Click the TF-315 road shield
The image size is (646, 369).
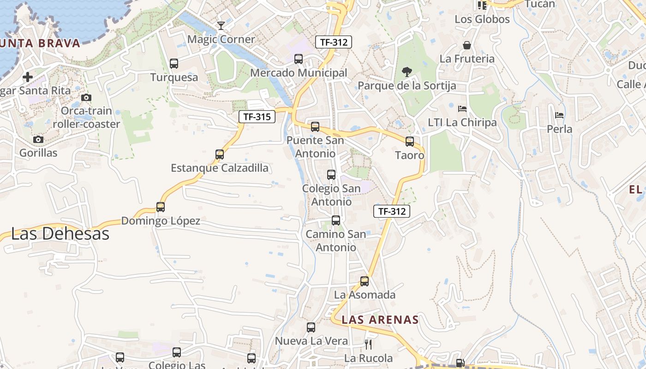click(x=257, y=117)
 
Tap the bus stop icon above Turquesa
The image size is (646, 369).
click(x=174, y=64)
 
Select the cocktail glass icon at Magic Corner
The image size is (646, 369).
click(x=221, y=25)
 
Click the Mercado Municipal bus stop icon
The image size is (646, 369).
click(x=299, y=59)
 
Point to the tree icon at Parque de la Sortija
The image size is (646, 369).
click(x=407, y=71)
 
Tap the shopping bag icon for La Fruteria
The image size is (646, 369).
click(x=467, y=45)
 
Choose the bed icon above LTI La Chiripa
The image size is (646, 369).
click(x=462, y=109)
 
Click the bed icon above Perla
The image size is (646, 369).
click(x=559, y=115)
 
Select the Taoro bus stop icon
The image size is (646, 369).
click(x=410, y=142)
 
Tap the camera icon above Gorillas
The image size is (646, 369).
click(x=38, y=139)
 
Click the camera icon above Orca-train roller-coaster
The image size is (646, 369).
click(x=86, y=97)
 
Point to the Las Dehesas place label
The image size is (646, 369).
click(x=60, y=234)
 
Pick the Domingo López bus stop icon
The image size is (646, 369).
click(x=161, y=207)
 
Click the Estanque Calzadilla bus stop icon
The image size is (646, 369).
click(x=220, y=155)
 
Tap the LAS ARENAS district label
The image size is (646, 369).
click(x=380, y=320)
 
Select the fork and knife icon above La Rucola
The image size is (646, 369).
click(x=368, y=344)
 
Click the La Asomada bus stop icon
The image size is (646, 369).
click(x=365, y=281)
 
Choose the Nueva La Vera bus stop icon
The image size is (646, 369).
click(x=311, y=327)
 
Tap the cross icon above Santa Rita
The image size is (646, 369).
click(x=28, y=77)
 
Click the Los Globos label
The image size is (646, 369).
click(x=482, y=19)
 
